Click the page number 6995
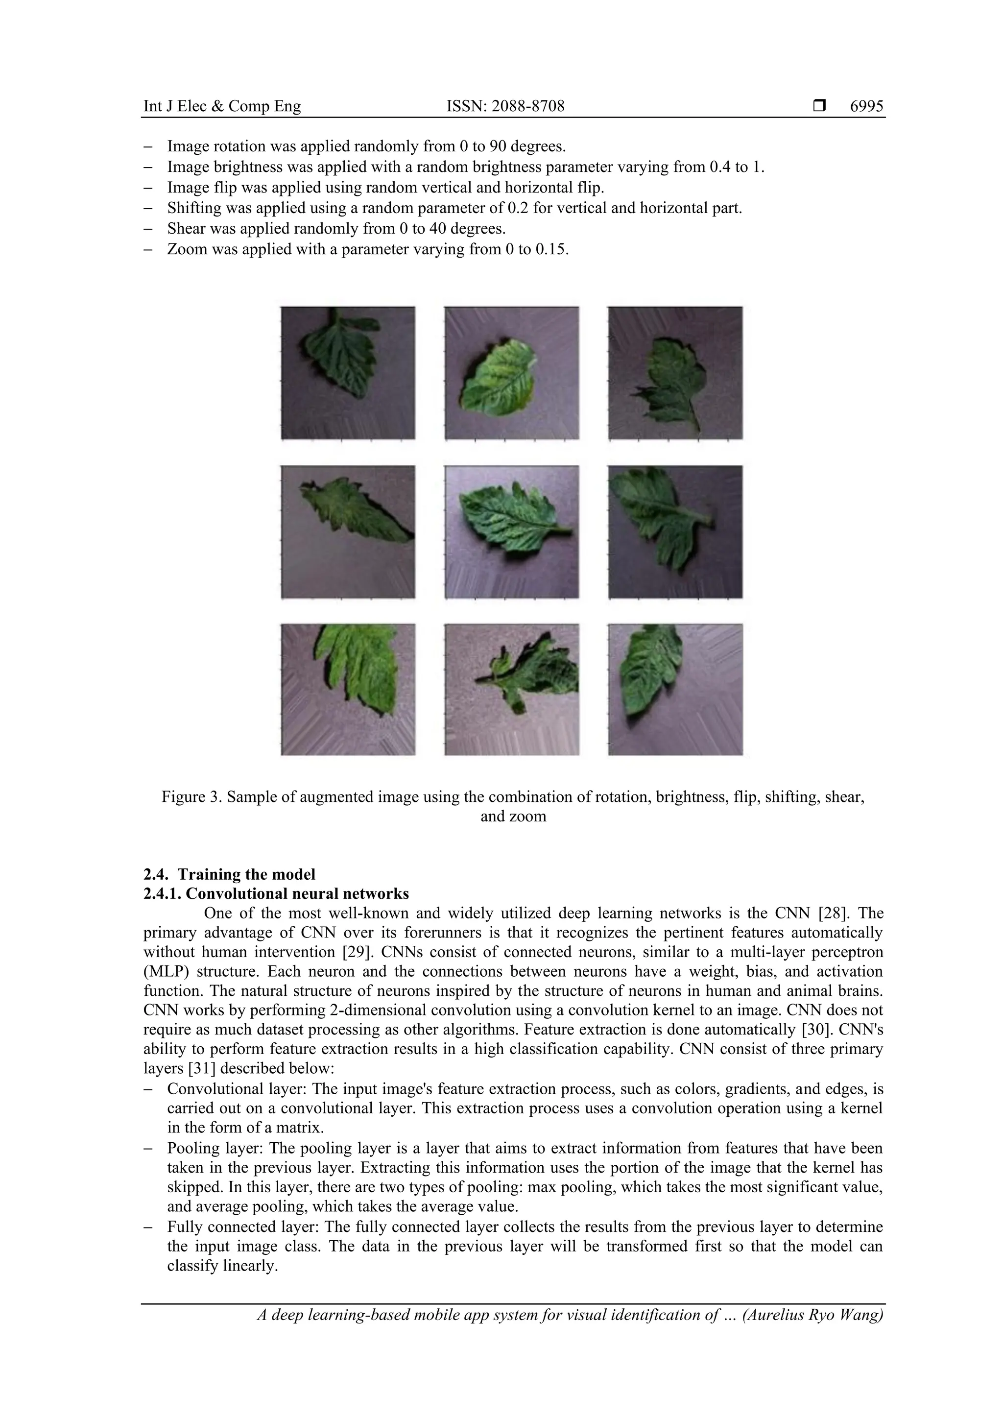(x=866, y=106)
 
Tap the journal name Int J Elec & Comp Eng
(x=222, y=106)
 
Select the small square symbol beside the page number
(x=819, y=106)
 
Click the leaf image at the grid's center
(x=512, y=531)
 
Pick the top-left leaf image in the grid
(x=348, y=373)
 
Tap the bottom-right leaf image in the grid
(x=675, y=689)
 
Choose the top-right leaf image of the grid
(x=675, y=373)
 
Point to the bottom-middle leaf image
(x=512, y=689)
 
